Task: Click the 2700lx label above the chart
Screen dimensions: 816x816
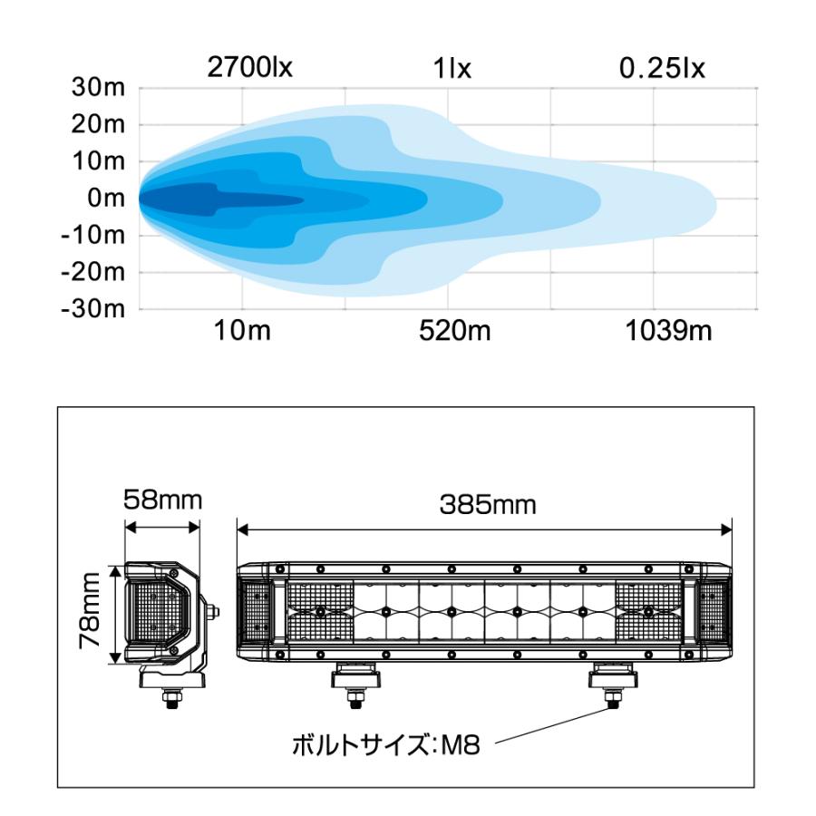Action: [250, 68]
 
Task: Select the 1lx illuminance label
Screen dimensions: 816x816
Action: [452, 69]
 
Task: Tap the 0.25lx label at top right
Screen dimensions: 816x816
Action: [661, 68]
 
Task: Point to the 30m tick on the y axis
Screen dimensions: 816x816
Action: [99, 89]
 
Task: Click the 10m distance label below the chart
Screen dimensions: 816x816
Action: [242, 331]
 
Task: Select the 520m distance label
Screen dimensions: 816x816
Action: [453, 331]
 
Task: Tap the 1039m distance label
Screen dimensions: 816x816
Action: [668, 331]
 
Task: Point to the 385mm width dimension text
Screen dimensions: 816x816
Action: [488, 505]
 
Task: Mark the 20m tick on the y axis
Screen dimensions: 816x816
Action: [99, 125]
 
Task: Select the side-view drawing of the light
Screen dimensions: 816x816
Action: [163, 617]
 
